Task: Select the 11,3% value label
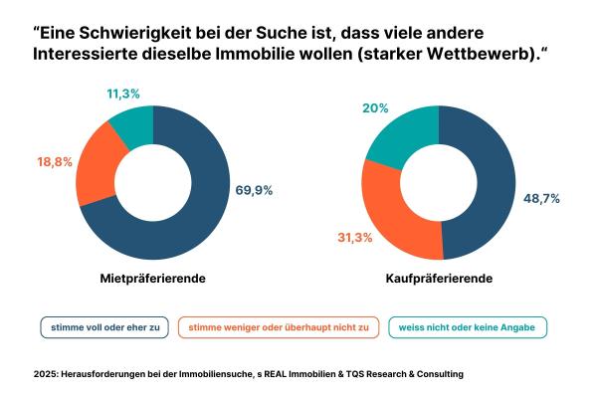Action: click(x=123, y=93)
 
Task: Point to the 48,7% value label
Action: click(x=541, y=198)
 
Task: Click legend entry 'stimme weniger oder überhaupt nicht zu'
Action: click(x=278, y=326)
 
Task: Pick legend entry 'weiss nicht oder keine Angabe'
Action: click(x=467, y=326)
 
